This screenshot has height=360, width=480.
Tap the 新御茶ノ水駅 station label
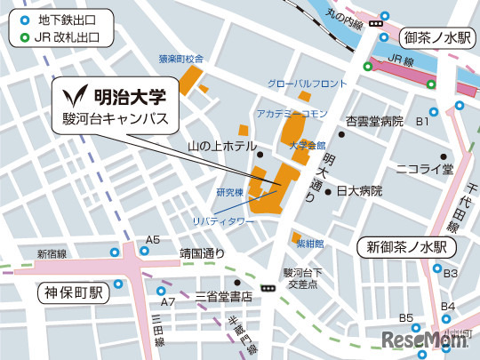point(406,246)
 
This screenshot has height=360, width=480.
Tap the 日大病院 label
point(358,191)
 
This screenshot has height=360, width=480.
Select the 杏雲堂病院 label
point(374,121)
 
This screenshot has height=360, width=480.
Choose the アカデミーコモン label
point(292,114)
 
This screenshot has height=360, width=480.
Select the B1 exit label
point(423,121)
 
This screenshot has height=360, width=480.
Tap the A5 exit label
point(153,240)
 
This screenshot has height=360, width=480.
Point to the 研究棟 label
point(229,191)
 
